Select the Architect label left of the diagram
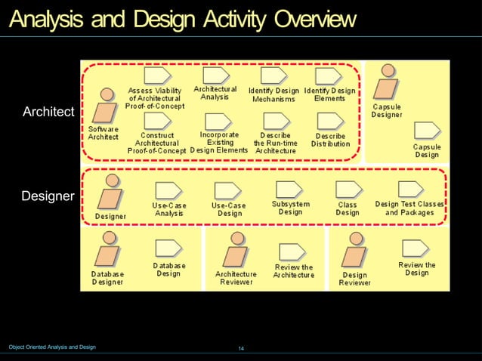(49, 113)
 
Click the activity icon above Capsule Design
(426, 131)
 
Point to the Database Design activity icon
(168, 249)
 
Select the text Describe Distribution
(330, 139)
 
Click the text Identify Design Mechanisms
(273, 94)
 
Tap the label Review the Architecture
(293, 271)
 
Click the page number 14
(241, 348)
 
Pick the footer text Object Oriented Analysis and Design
(52, 347)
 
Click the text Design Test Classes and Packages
(409, 208)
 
